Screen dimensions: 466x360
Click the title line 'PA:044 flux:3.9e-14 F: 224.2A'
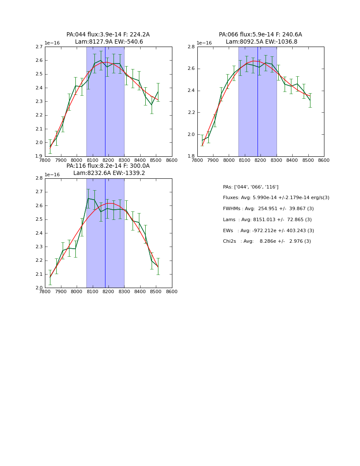pos(108,35)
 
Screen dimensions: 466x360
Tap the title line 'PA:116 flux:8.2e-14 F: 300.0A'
pos(108,166)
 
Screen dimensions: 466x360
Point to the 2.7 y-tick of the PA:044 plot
pos(39,47)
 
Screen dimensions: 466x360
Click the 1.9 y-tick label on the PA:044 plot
pos(39,156)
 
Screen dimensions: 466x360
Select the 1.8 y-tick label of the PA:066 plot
pos(191,156)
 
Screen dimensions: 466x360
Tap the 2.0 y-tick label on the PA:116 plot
pos(39,288)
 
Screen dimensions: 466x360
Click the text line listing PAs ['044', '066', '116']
pos(251,187)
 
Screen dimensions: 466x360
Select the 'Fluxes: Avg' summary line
pos(276,198)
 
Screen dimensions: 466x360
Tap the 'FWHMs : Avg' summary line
pos(267,209)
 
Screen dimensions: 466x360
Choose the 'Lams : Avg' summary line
pos(267,220)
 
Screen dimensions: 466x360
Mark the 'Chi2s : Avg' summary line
pos(267,241)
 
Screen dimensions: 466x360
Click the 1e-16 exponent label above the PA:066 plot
pos(204,43)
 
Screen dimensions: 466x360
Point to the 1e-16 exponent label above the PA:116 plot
pos(52,175)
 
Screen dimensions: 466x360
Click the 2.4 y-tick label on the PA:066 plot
pos(191,91)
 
